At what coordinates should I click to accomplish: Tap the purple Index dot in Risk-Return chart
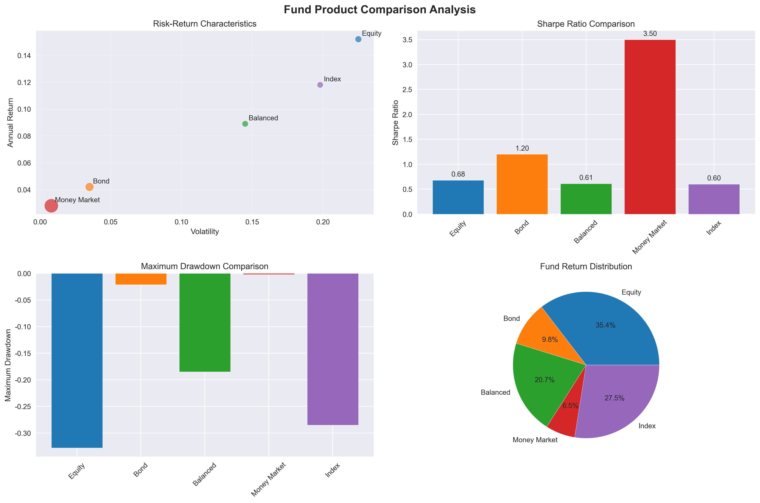click(x=320, y=85)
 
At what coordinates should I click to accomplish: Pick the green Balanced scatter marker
click(x=245, y=124)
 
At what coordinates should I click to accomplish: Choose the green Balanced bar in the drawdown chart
click(x=205, y=322)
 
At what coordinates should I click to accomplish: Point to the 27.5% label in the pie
click(x=614, y=398)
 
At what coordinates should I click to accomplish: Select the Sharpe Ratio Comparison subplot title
click(x=586, y=24)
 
